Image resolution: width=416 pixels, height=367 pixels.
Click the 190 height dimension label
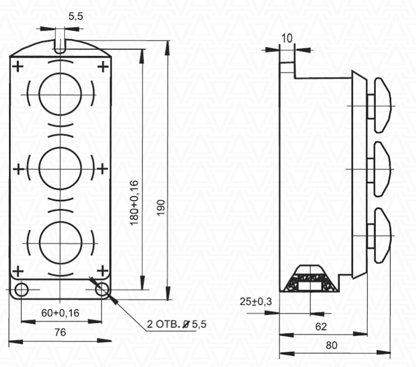tap(161, 208)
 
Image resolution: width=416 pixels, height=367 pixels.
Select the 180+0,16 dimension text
tap(134, 203)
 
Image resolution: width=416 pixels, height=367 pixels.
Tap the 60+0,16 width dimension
tap(60, 313)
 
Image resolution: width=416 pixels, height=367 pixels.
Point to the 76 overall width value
tap(60, 332)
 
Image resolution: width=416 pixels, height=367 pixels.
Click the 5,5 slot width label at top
tap(75, 17)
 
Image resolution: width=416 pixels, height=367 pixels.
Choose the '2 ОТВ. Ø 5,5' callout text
tap(177, 324)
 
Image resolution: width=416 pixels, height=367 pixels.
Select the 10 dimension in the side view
tap(286, 39)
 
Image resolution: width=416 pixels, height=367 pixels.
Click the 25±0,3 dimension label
tap(256, 301)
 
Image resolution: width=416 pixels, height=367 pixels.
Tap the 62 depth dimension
tap(321, 327)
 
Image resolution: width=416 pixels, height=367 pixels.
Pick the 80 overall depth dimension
tap(331, 345)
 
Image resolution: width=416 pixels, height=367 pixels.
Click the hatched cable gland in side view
tap(310, 279)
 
